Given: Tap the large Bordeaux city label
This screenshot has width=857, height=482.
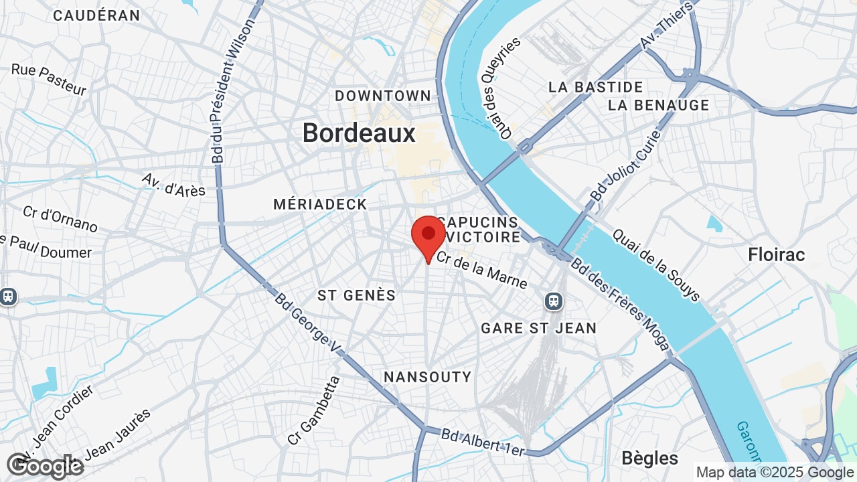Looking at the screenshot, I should [359, 133].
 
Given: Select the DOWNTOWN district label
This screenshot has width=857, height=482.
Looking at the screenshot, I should [383, 96].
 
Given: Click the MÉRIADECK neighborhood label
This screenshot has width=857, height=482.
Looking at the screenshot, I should [320, 204].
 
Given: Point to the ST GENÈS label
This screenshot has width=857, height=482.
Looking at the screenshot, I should [356, 295].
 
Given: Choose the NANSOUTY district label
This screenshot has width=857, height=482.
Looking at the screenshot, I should [427, 377].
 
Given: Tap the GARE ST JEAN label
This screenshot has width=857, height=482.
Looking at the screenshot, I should [538, 328].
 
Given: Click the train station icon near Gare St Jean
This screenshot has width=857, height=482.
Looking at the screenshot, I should [553, 301].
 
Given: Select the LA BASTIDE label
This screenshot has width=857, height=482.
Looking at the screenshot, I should [595, 87].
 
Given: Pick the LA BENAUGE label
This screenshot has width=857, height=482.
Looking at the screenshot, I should [658, 105].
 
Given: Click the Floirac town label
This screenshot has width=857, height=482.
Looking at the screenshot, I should [776, 254].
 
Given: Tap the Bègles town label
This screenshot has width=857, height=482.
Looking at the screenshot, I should [649, 458].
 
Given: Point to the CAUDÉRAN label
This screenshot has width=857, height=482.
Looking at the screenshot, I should [96, 15].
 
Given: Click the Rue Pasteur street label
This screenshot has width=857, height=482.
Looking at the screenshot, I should [49, 80].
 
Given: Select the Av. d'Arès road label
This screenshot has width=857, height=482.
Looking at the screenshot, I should [173, 185].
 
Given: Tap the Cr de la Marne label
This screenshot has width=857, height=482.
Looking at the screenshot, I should [481, 270].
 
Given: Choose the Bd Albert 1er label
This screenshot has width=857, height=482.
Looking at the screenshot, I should [482, 443].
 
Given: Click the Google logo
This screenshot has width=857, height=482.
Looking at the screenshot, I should [46, 466].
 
